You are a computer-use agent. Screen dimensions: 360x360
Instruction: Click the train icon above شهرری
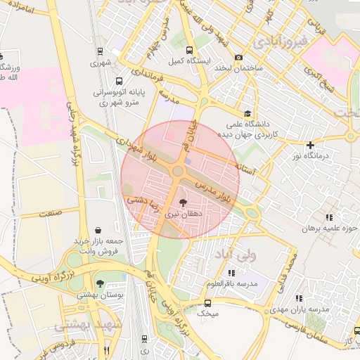[x=101, y=51]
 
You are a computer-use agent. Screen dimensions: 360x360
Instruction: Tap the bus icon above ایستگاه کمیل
[x=189, y=49]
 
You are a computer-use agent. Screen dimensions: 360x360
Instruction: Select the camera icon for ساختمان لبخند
[x=239, y=57]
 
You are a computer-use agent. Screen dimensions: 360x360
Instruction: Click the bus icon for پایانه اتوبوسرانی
[x=119, y=81]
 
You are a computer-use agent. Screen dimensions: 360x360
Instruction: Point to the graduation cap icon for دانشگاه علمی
[x=247, y=113]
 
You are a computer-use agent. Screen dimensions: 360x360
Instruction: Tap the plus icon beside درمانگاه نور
[x=310, y=145]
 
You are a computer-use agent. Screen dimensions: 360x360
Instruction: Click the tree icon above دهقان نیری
[x=184, y=201]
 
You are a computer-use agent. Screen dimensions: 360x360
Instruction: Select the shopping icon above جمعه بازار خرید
[x=97, y=229]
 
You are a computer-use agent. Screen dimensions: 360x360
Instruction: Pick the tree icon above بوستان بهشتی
[x=101, y=284]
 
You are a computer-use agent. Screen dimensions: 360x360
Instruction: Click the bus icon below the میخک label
[x=207, y=303]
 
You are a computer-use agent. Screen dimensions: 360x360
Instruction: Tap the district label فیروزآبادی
[x=281, y=42]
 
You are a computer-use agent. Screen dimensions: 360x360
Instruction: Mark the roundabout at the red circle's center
[x=179, y=171]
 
